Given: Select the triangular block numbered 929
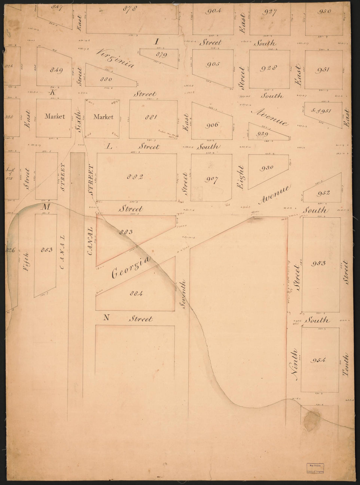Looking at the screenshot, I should click(x=263, y=134).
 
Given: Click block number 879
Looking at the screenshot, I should click(x=161, y=55).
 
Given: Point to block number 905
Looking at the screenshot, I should click(x=213, y=64).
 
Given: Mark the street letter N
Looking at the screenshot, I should click(x=106, y=317).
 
